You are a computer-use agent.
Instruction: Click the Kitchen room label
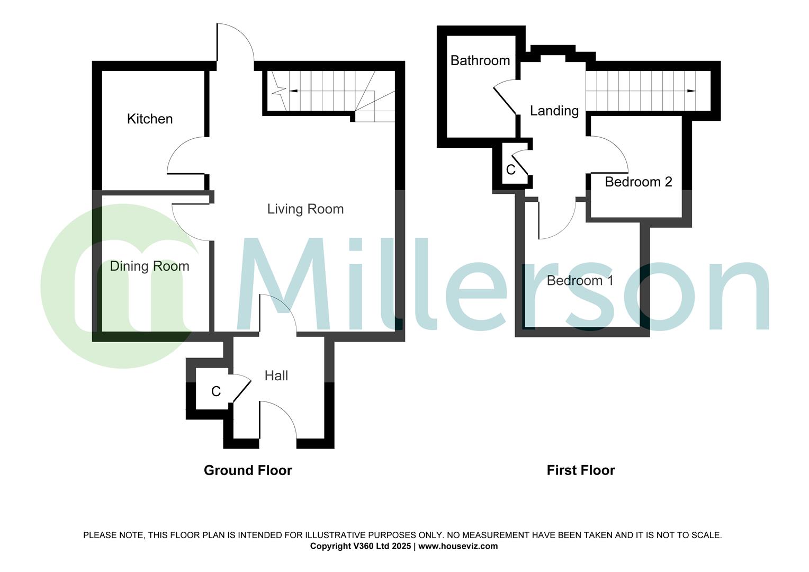click(x=150, y=119)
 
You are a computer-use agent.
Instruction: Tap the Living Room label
click(x=305, y=209)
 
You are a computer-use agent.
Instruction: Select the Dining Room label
click(x=149, y=266)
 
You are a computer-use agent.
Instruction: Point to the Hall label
click(x=276, y=376)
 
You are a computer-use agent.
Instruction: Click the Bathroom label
click(x=480, y=60)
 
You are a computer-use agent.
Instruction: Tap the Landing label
click(x=554, y=111)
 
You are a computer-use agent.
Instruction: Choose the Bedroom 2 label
click(x=639, y=182)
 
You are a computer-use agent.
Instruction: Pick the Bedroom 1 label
click(x=580, y=280)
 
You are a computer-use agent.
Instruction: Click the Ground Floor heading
click(x=248, y=470)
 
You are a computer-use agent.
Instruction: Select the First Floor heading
click(x=581, y=470)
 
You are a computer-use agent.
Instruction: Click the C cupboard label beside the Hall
click(x=216, y=391)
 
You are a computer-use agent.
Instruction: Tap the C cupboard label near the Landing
click(x=511, y=169)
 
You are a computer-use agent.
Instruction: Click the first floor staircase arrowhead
click(x=691, y=91)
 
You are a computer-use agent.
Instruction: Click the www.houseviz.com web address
click(x=458, y=546)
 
